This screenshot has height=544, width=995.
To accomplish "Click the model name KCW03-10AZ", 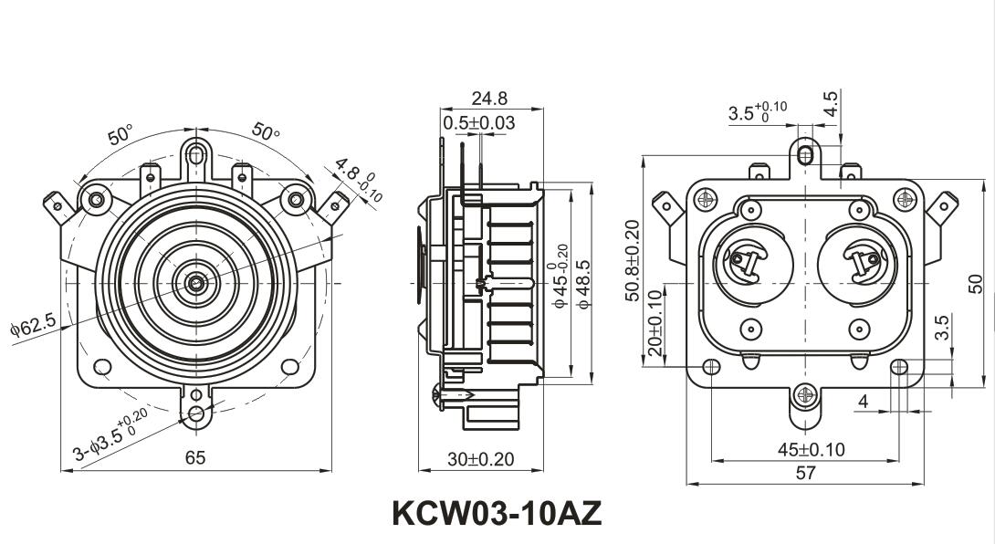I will pos(497,513).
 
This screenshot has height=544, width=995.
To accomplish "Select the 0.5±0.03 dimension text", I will pos(478,122).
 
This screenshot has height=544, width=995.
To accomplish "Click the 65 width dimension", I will pos(195,458).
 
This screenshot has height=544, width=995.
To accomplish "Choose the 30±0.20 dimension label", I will pos(481,459).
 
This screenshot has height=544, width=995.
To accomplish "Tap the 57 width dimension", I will pos(805,473).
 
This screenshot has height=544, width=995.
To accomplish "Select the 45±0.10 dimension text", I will pos(811,449).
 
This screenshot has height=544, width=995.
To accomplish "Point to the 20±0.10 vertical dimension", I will pos(654,324).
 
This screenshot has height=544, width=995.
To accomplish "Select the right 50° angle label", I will pos(267,131).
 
